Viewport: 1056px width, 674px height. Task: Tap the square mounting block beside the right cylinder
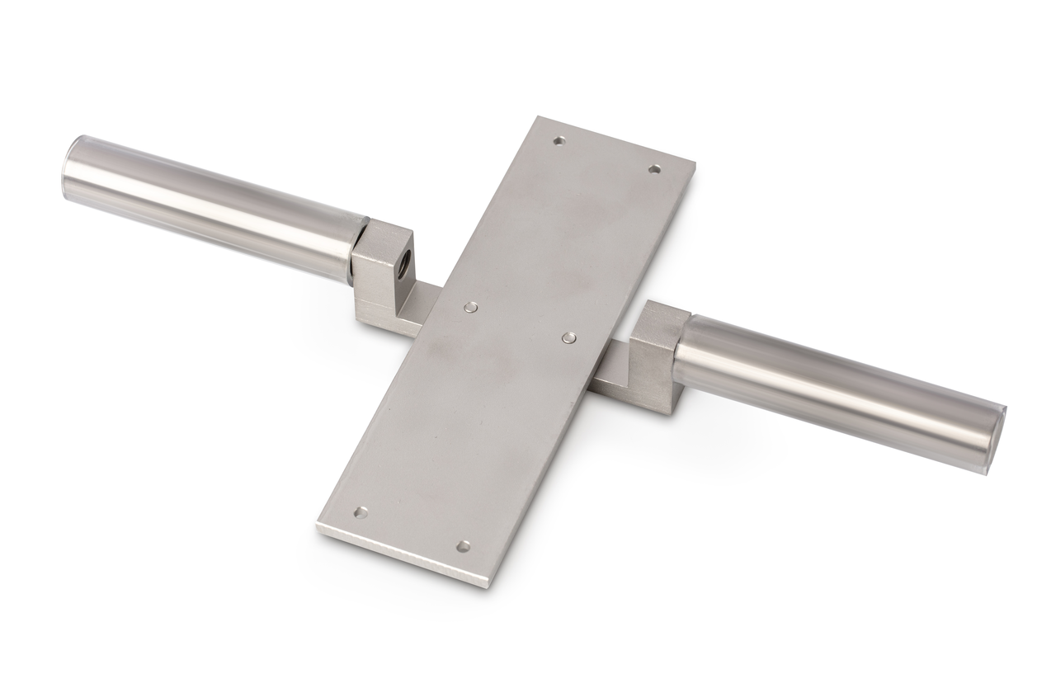click(x=660, y=355)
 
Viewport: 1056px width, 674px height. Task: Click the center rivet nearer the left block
click(x=469, y=307)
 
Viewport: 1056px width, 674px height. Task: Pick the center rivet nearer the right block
click(x=568, y=337)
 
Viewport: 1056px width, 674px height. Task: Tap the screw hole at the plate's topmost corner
click(x=559, y=141)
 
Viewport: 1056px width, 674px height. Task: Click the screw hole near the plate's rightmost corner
click(x=654, y=169)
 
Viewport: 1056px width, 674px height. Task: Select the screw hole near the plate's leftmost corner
click(x=361, y=512)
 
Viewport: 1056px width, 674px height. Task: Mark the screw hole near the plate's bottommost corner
click(x=464, y=546)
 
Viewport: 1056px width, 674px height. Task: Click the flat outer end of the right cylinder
click(x=1000, y=437)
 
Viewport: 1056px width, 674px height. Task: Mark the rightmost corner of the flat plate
click(x=693, y=163)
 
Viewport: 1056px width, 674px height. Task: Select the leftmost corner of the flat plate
click(x=318, y=525)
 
